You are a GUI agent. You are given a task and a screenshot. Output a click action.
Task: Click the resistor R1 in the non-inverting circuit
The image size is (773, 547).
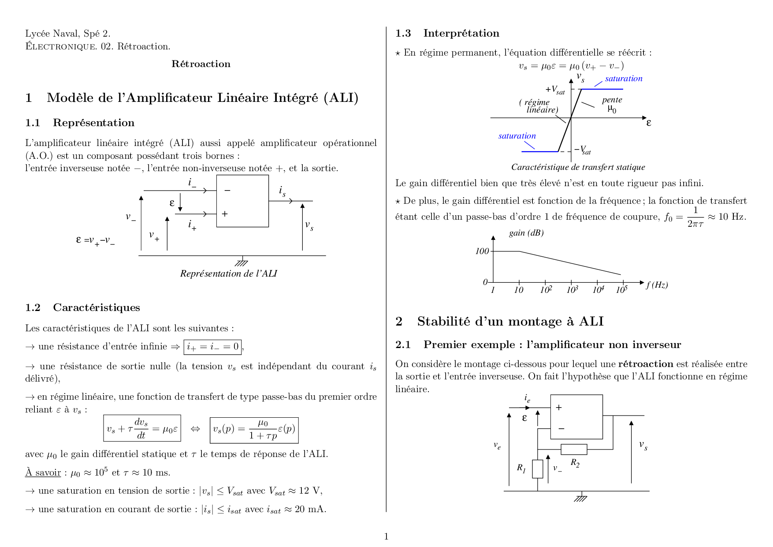click(x=537, y=469)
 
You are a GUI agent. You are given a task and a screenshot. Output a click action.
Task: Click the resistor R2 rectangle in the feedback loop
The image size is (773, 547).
click(x=574, y=450)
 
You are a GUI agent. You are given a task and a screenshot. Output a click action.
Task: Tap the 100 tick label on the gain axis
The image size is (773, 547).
click(x=482, y=251)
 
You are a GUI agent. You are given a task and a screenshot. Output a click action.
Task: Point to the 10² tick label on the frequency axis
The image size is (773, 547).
click(x=546, y=290)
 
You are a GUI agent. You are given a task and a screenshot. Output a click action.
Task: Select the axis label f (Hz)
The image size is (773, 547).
click(x=657, y=285)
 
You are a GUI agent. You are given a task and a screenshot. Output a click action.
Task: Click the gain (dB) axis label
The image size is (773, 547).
click(x=526, y=233)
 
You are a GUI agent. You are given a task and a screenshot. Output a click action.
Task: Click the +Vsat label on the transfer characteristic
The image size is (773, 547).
click(x=555, y=90)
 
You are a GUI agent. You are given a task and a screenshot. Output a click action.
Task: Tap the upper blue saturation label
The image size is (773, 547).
click(x=624, y=79)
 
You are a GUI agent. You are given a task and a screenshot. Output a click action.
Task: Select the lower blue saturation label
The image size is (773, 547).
click(x=517, y=136)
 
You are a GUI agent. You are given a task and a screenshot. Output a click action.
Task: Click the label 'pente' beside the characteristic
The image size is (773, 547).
click(x=612, y=100)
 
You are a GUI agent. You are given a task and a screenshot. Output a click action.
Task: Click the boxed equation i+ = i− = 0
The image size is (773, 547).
click(x=212, y=347)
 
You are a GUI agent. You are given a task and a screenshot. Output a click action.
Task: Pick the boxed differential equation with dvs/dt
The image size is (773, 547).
click(x=142, y=428)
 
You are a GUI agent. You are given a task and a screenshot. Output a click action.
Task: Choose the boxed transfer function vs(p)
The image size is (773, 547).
click(x=254, y=430)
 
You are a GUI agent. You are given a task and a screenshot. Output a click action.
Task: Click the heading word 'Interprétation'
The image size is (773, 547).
click(x=461, y=33)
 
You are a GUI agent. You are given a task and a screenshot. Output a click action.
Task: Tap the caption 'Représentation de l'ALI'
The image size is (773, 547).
click(x=228, y=273)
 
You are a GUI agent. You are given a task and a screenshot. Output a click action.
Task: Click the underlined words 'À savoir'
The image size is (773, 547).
click(x=43, y=472)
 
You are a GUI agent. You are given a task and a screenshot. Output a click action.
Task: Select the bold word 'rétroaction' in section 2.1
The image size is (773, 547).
click(x=646, y=364)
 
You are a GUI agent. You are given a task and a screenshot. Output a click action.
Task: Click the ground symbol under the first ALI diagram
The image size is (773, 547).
click(x=242, y=262)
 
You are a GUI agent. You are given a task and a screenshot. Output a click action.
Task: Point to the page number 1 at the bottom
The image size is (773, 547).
click(x=386, y=536)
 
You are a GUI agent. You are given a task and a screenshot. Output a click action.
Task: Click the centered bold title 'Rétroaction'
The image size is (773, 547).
click(x=201, y=64)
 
